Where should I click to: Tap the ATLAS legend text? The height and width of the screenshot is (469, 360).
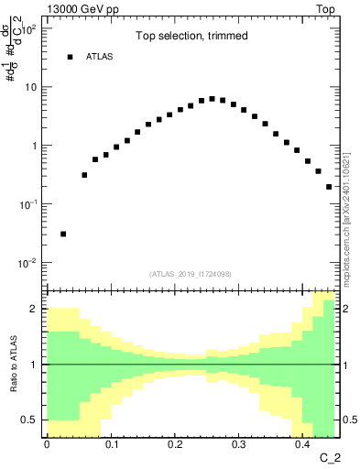pos(100,57)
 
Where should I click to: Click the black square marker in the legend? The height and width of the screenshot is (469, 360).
pos(70,57)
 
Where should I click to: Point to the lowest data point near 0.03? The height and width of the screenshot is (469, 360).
pos(63,234)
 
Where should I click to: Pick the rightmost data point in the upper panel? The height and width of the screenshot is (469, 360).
pos(329,187)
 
